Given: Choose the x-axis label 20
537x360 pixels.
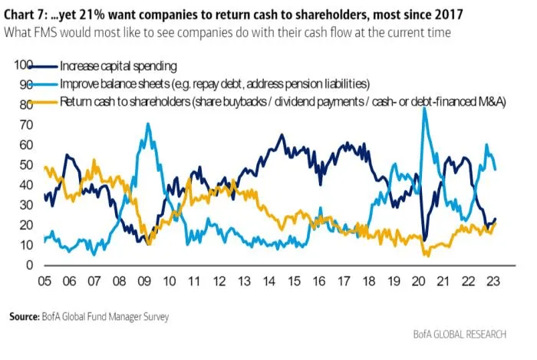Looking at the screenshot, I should pos(421,281).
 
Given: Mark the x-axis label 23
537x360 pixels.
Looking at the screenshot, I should pos(493,281).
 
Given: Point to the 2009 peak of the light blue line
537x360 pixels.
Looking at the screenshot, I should pos(148,124).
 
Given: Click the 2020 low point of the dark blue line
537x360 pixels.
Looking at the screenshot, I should pos(424,240).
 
